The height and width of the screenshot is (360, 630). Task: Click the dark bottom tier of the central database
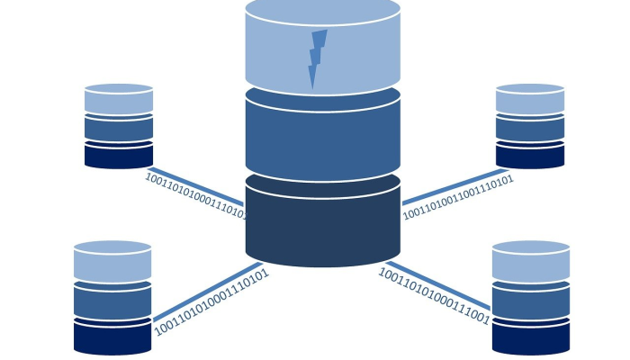pyautogui.click(x=322, y=225)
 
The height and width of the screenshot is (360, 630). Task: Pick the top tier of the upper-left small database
pyautogui.click(x=119, y=100)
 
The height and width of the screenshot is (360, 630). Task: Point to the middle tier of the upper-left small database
pyautogui.click(x=119, y=129)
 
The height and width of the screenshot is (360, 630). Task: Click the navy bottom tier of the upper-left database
pyautogui.click(x=119, y=156)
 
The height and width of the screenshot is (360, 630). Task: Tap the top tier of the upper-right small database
pyautogui.click(x=530, y=100)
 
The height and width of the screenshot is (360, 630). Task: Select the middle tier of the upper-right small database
pyautogui.click(x=530, y=129)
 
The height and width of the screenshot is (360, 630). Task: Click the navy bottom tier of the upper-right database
pyautogui.click(x=530, y=156)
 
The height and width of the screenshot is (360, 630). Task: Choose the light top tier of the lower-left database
pyautogui.click(x=112, y=264)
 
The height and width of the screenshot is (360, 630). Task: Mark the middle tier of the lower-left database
pyautogui.click(x=112, y=302)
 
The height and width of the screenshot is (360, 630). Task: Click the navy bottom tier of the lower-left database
pyautogui.click(x=112, y=337)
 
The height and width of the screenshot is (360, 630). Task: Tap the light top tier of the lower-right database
pyautogui.click(x=531, y=264)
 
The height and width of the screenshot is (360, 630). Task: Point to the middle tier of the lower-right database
pyautogui.click(x=531, y=302)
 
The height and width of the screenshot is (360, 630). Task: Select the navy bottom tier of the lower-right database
pyautogui.click(x=531, y=337)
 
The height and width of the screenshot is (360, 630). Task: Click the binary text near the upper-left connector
pyautogui.click(x=195, y=195)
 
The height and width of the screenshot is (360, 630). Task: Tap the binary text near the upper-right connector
pyautogui.click(x=458, y=197)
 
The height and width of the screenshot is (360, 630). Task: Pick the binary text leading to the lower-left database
pyautogui.click(x=211, y=302)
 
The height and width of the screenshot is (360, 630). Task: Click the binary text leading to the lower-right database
pyautogui.click(x=434, y=296)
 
